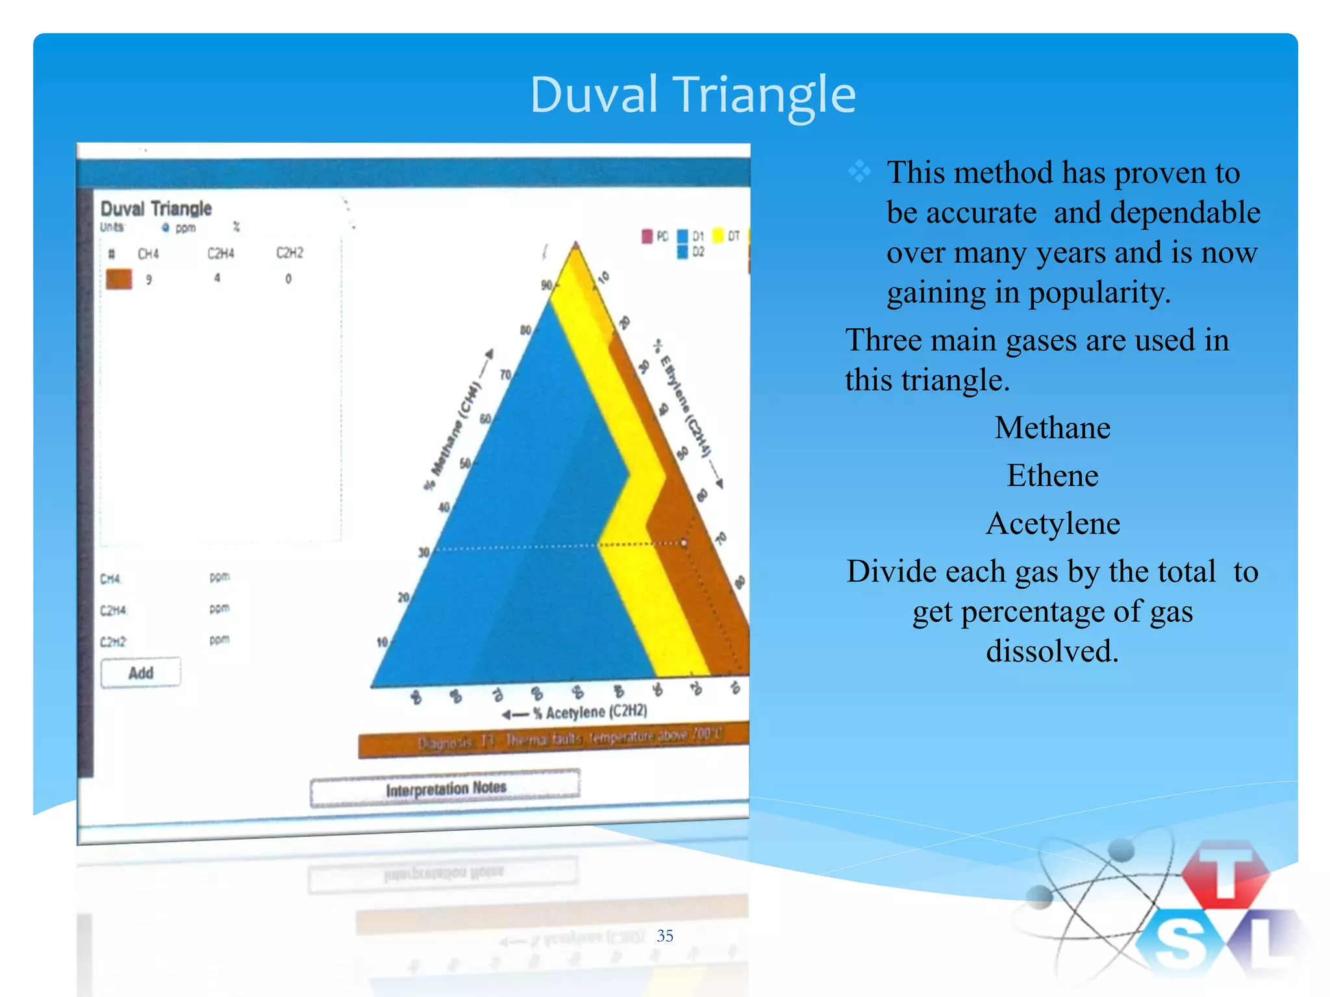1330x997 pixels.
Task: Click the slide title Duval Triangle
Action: [x=692, y=95]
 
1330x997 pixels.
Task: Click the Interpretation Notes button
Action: [x=445, y=788]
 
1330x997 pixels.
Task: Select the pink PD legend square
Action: [x=647, y=236]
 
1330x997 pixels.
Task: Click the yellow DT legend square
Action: [x=718, y=235]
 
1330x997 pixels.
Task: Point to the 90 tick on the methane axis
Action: [x=547, y=286]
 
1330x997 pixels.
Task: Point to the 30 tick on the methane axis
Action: [x=424, y=552]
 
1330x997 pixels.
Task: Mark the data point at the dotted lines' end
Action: [x=684, y=542]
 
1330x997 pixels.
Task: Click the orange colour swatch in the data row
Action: [x=119, y=279]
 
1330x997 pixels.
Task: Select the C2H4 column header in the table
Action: [x=220, y=253]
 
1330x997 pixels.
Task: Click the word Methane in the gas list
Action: [x=1052, y=428]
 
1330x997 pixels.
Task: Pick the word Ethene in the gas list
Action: [x=1052, y=476]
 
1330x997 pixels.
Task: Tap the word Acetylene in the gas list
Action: [x=1052, y=523]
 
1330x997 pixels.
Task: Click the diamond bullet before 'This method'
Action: [x=859, y=172]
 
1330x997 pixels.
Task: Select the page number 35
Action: [x=664, y=935]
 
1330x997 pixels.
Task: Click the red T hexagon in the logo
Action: [x=1224, y=873]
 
